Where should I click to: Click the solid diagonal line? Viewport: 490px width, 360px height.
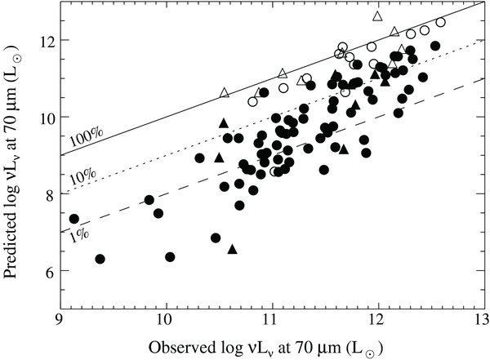click(245, 86)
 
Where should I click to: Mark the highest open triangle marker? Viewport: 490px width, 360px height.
click(377, 16)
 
